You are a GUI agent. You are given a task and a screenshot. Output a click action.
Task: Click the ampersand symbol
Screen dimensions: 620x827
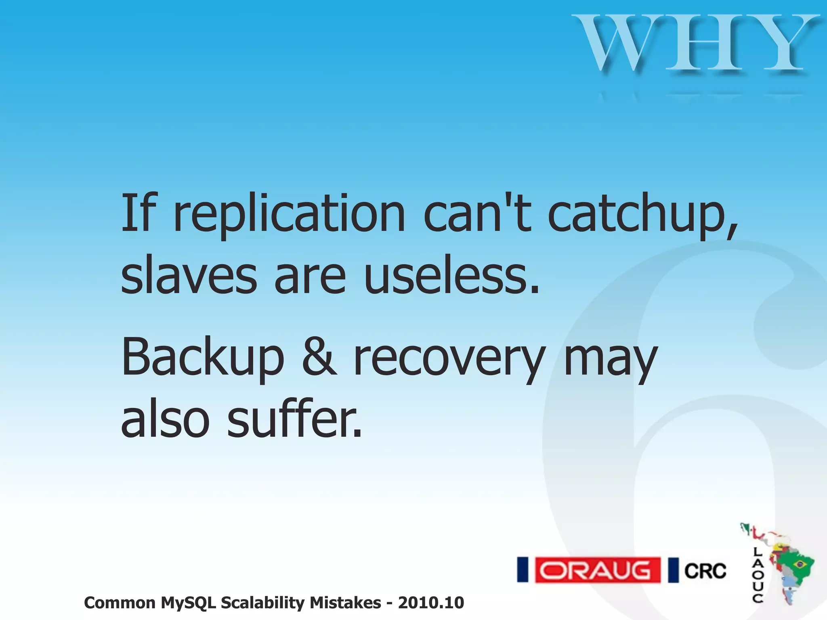point(319,357)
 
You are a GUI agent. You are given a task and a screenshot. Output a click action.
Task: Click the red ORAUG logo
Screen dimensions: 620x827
point(598,570)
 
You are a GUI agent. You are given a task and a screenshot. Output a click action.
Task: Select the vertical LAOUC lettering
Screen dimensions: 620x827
point(758,575)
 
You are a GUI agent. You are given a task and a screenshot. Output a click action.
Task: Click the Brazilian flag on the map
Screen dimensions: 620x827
point(799,563)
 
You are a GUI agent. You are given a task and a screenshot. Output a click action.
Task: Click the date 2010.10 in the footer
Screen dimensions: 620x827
point(431,603)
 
